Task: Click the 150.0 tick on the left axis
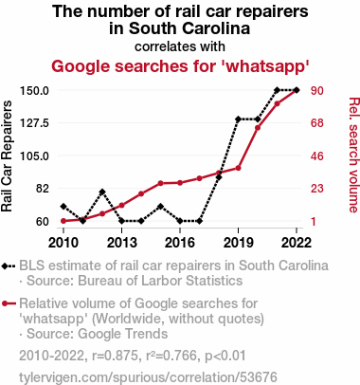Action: click(x=34, y=91)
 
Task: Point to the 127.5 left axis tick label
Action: click(x=34, y=123)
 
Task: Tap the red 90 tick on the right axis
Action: click(x=316, y=91)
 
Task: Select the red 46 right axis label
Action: click(x=316, y=156)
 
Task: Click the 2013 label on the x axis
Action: click(x=122, y=243)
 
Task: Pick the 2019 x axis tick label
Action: click(x=238, y=243)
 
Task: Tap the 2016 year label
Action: click(x=180, y=243)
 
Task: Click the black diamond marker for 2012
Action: click(x=102, y=192)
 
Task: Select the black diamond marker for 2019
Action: click(x=238, y=119)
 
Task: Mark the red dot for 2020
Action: click(x=258, y=128)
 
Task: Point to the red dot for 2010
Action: click(x=63, y=221)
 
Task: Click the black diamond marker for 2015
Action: click(x=160, y=207)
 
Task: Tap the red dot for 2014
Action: click(x=141, y=193)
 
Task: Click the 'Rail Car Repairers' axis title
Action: click(x=7, y=156)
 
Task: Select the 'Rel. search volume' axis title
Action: click(x=354, y=155)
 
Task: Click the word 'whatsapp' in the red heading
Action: click(x=267, y=66)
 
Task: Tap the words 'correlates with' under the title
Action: click(x=180, y=46)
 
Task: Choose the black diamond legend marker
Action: click(x=5, y=266)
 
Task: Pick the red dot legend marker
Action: click(x=5, y=303)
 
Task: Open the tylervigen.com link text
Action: click(x=148, y=377)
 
